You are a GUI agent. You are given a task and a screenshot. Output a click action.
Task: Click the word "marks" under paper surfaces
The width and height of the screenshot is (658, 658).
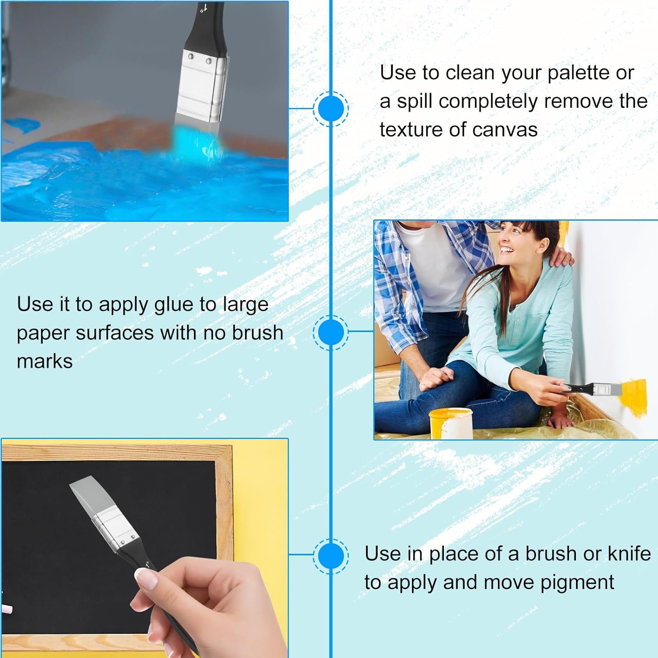(x=45, y=361)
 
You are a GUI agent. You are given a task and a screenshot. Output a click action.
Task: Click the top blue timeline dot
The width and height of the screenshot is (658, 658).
(x=331, y=109)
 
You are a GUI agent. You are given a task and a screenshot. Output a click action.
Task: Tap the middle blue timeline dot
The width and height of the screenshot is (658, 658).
(x=331, y=332)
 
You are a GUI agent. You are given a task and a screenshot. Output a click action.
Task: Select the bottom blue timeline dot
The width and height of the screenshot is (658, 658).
(x=331, y=556)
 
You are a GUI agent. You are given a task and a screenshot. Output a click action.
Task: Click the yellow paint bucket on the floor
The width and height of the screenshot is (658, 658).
(x=451, y=423)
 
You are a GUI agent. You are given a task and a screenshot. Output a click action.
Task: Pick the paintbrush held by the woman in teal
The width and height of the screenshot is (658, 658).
(x=592, y=388)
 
